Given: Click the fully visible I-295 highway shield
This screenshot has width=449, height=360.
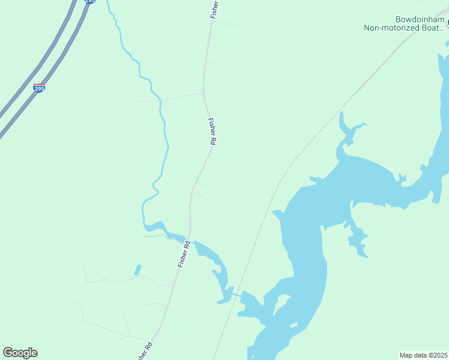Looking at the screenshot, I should click(x=38, y=88).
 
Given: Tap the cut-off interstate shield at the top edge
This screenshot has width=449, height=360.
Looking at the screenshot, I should click(x=89, y=2).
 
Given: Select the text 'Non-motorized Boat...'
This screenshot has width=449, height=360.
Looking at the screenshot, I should click(x=404, y=27).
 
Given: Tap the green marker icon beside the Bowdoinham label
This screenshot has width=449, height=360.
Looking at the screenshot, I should click(x=447, y=23).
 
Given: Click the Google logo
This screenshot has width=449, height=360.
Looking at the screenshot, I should click(x=20, y=353).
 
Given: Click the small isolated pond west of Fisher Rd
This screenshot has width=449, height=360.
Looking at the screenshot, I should click(x=138, y=270).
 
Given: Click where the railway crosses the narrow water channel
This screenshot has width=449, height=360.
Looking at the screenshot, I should click(x=235, y=293).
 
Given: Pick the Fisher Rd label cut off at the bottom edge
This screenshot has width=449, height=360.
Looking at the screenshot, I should click(x=144, y=351).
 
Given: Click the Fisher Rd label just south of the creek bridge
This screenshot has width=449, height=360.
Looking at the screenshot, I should click(x=183, y=254).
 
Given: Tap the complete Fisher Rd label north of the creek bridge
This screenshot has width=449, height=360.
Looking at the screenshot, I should click(x=211, y=131).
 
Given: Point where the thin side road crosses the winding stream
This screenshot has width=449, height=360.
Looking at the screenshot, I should click(x=161, y=100).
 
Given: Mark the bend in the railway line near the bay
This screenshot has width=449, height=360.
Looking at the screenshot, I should click(x=294, y=160).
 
